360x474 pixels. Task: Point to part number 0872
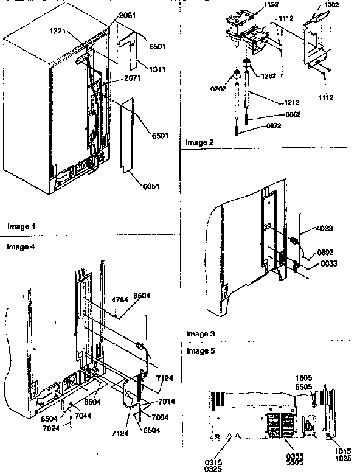273,127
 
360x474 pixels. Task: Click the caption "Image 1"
21,226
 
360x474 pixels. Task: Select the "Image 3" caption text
201,334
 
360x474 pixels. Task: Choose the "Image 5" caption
201,351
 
